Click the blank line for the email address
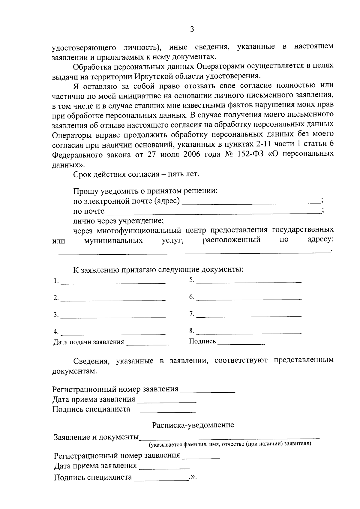(x=251, y=203)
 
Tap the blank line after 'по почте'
(x=214, y=213)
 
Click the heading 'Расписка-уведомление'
(x=193, y=425)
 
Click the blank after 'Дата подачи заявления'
(x=148, y=345)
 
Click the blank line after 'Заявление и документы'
(x=229, y=438)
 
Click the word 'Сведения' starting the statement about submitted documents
(x=88, y=361)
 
